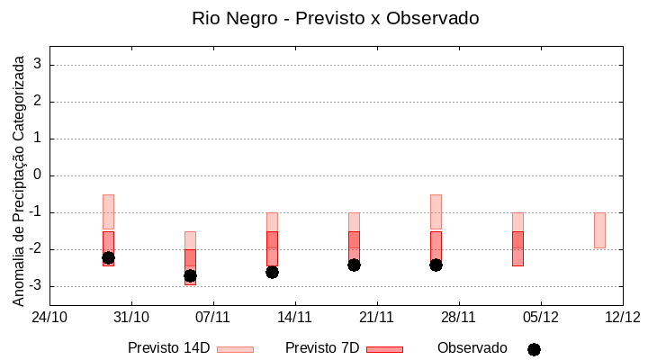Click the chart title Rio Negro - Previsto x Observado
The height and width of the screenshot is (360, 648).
pos(336,18)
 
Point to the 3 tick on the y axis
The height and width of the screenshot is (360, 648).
pos(38,65)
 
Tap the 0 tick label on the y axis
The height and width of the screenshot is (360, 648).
pos(38,175)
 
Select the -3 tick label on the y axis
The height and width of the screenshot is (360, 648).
pos(34,286)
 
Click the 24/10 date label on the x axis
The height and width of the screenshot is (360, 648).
pos(49,317)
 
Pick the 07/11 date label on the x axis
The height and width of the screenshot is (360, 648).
pos(213,317)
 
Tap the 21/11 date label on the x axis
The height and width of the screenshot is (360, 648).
pos(377,317)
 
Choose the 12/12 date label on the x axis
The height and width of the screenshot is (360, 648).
pos(622,317)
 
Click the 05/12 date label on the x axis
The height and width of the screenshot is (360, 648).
pos(540,317)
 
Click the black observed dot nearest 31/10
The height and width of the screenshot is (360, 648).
pos(108,257)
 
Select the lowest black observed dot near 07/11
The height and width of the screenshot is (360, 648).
pos(190,275)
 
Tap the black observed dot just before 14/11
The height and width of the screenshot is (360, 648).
pos(272,272)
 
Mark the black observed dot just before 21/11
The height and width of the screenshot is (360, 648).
pos(354,265)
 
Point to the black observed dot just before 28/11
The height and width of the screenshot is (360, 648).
pos(436,265)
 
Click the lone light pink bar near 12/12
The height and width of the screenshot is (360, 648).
pos(599,230)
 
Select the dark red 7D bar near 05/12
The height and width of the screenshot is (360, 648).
pos(517,248)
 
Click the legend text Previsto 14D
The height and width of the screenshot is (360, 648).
pos(168,348)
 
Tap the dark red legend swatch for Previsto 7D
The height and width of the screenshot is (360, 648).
pos(384,349)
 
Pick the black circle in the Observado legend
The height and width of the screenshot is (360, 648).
pos(534,349)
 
